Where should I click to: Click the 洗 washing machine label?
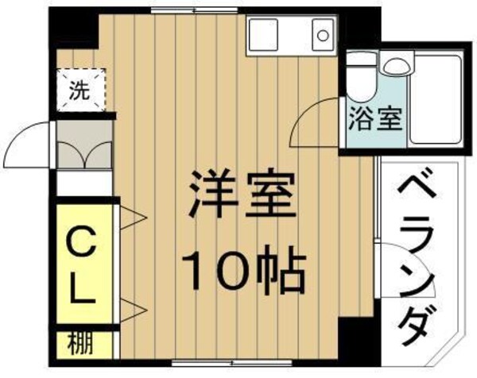tap(79, 90)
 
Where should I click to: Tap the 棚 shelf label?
tap(78, 345)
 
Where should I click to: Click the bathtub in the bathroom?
tap(435, 98)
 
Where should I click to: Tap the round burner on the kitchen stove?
tap(321, 34)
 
